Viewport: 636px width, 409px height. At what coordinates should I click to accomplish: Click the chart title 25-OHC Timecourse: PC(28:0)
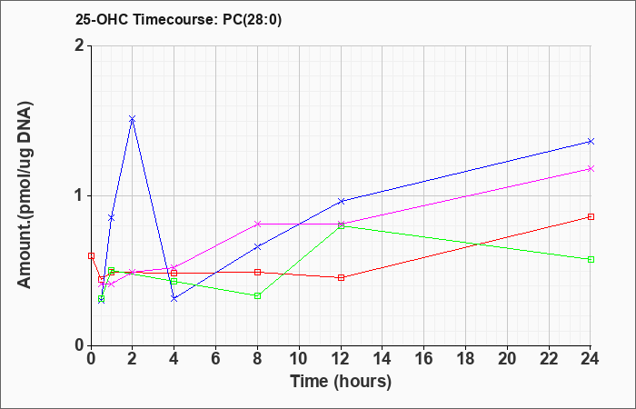coord(178,19)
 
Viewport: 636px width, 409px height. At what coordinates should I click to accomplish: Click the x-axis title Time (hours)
coord(341,382)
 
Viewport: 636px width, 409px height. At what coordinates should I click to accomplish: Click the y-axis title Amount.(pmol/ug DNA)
coord(25,195)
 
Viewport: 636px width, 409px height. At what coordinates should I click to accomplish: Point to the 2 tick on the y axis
coord(80,45)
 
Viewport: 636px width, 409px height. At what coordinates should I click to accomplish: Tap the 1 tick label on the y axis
coord(80,196)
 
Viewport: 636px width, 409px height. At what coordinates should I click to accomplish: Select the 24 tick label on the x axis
coord(591,359)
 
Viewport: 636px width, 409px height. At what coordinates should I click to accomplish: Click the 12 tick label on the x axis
coord(341,359)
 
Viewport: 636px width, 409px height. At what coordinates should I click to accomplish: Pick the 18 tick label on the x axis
coord(465,359)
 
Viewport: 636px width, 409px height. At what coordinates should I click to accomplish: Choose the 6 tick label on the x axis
coord(216,359)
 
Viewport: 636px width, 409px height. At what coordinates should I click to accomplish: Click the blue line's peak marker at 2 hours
coord(133,119)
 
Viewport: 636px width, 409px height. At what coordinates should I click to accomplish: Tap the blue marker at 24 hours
coord(591,141)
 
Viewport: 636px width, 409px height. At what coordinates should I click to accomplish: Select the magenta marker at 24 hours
coord(591,168)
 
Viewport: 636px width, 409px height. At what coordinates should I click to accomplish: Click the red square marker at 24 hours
coord(591,216)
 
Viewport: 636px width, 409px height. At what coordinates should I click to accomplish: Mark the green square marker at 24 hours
coord(591,259)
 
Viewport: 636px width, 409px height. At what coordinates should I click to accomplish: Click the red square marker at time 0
coord(91,255)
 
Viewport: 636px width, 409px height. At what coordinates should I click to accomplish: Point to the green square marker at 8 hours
coord(257,295)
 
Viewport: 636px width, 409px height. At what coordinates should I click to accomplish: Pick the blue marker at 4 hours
coord(174,299)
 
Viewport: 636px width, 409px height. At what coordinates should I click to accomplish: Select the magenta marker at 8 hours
coord(257,224)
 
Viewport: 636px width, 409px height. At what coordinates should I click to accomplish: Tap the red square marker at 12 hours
coord(341,277)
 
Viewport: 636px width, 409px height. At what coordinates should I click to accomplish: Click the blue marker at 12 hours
coord(341,201)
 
